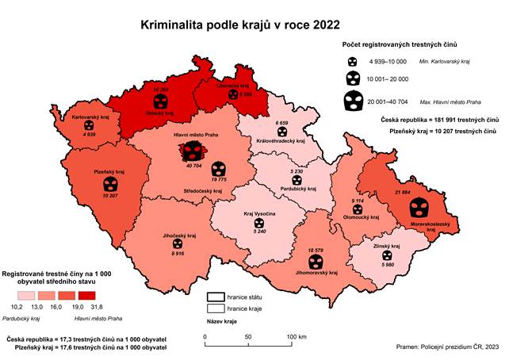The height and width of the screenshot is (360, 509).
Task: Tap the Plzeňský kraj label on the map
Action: pyautogui.click(x=110, y=172)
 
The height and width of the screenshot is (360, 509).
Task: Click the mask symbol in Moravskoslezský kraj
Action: pyautogui.click(x=418, y=208)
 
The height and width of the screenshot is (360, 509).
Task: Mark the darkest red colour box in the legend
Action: pyautogui.click(x=98, y=293)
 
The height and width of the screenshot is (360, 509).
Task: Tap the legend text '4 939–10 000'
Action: pyautogui.click(x=388, y=61)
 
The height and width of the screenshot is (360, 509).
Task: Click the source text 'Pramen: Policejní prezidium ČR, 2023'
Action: pyautogui.click(x=446, y=347)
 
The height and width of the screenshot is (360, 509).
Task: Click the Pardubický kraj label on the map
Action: pyautogui.click(x=297, y=189)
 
